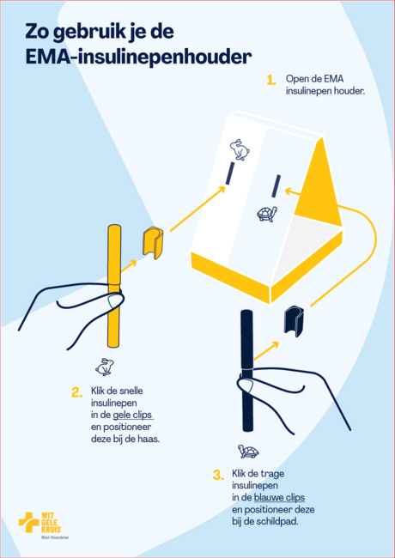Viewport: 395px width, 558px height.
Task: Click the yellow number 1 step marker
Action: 271,80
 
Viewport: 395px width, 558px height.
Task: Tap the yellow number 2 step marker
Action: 77,392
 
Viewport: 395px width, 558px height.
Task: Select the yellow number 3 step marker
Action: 218,475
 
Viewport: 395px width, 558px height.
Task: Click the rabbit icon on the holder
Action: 240,149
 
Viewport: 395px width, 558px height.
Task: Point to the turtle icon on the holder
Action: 267,214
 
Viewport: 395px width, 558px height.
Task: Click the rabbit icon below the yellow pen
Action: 105,367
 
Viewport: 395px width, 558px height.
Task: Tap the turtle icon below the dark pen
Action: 248,452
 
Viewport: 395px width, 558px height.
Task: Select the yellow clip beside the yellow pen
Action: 153,242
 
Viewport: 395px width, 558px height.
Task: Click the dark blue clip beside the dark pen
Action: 294,321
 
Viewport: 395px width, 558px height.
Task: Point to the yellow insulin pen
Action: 114,286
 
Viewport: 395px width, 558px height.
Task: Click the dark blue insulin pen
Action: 247,371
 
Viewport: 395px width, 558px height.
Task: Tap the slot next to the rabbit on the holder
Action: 230,173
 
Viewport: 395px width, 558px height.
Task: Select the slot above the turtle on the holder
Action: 276,185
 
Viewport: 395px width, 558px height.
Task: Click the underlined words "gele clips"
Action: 132,415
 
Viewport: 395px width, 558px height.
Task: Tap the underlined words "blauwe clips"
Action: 279,498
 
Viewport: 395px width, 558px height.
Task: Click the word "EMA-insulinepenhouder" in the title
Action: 138,57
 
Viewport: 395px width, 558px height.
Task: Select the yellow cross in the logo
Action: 29,522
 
